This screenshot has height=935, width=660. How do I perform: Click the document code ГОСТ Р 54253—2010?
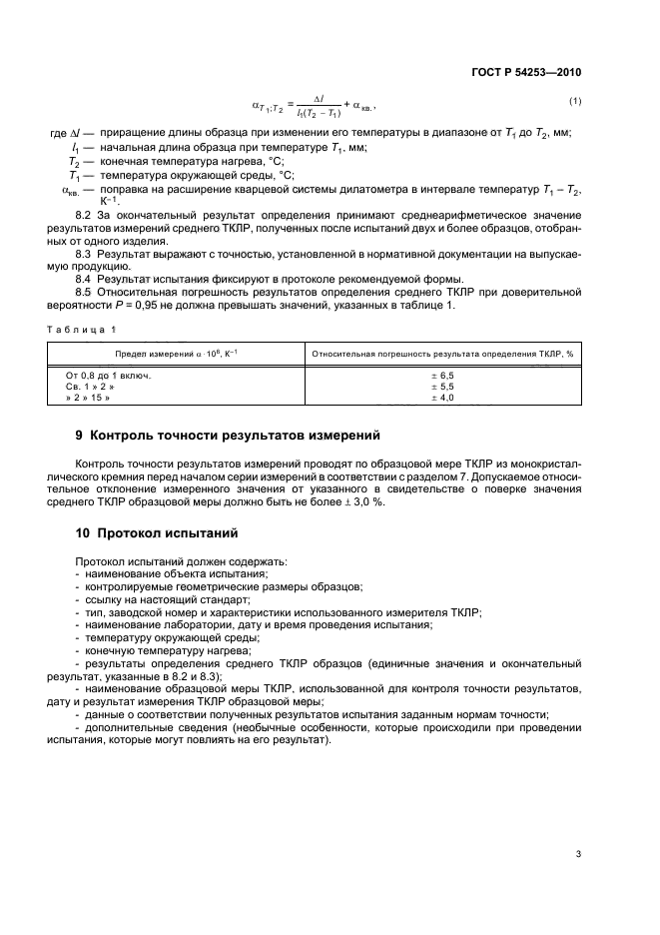[526, 72]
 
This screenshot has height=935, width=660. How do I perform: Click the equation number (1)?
[575, 101]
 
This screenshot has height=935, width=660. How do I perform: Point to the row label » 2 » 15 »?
[88, 398]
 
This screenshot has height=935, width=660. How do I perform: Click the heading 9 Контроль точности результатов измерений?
[228, 436]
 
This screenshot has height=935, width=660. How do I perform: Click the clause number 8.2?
[84, 216]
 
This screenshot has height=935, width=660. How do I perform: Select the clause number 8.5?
[84, 292]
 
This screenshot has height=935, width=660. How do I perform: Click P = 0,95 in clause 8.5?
[128, 305]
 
